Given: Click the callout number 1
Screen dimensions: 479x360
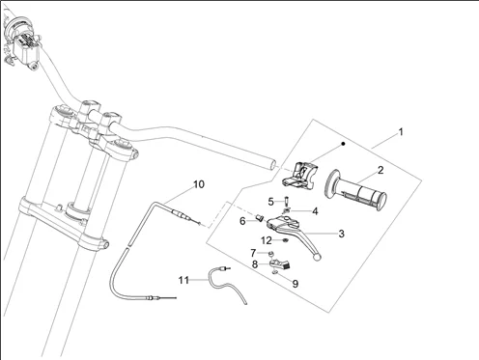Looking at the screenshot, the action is [x=401, y=132].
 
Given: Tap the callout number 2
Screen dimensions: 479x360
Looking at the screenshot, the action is [x=380, y=170].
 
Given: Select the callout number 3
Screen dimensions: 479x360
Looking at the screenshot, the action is [x=342, y=234].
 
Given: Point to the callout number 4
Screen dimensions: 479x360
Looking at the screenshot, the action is [x=315, y=211].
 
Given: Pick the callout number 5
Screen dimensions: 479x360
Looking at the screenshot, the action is [x=271, y=202].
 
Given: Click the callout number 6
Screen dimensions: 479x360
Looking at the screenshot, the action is [x=242, y=221].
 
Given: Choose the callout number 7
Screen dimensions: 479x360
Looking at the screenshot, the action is [x=253, y=253].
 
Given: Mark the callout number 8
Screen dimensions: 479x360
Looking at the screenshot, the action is [x=255, y=264].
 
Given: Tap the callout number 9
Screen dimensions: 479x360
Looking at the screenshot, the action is [x=296, y=284].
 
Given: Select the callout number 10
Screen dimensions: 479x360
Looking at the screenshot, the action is [x=199, y=184].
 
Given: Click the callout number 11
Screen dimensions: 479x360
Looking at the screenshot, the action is [x=183, y=280].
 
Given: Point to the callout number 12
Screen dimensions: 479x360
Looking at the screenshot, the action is [x=267, y=240].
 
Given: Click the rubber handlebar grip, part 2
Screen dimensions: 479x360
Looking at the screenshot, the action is [x=356, y=190].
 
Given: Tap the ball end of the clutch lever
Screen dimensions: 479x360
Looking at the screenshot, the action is [x=317, y=257].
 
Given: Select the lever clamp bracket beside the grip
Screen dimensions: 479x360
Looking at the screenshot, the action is [x=300, y=175].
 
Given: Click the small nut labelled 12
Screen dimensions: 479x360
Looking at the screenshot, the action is [x=285, y=240].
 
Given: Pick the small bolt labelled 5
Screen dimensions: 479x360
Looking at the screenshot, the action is [x=286, y=202].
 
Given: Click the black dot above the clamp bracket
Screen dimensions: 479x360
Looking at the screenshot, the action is [x=343, y=144].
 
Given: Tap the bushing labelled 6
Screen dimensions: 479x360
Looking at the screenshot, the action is [x=260, y=219].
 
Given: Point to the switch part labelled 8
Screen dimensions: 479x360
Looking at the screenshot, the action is [x=280, y=263].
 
